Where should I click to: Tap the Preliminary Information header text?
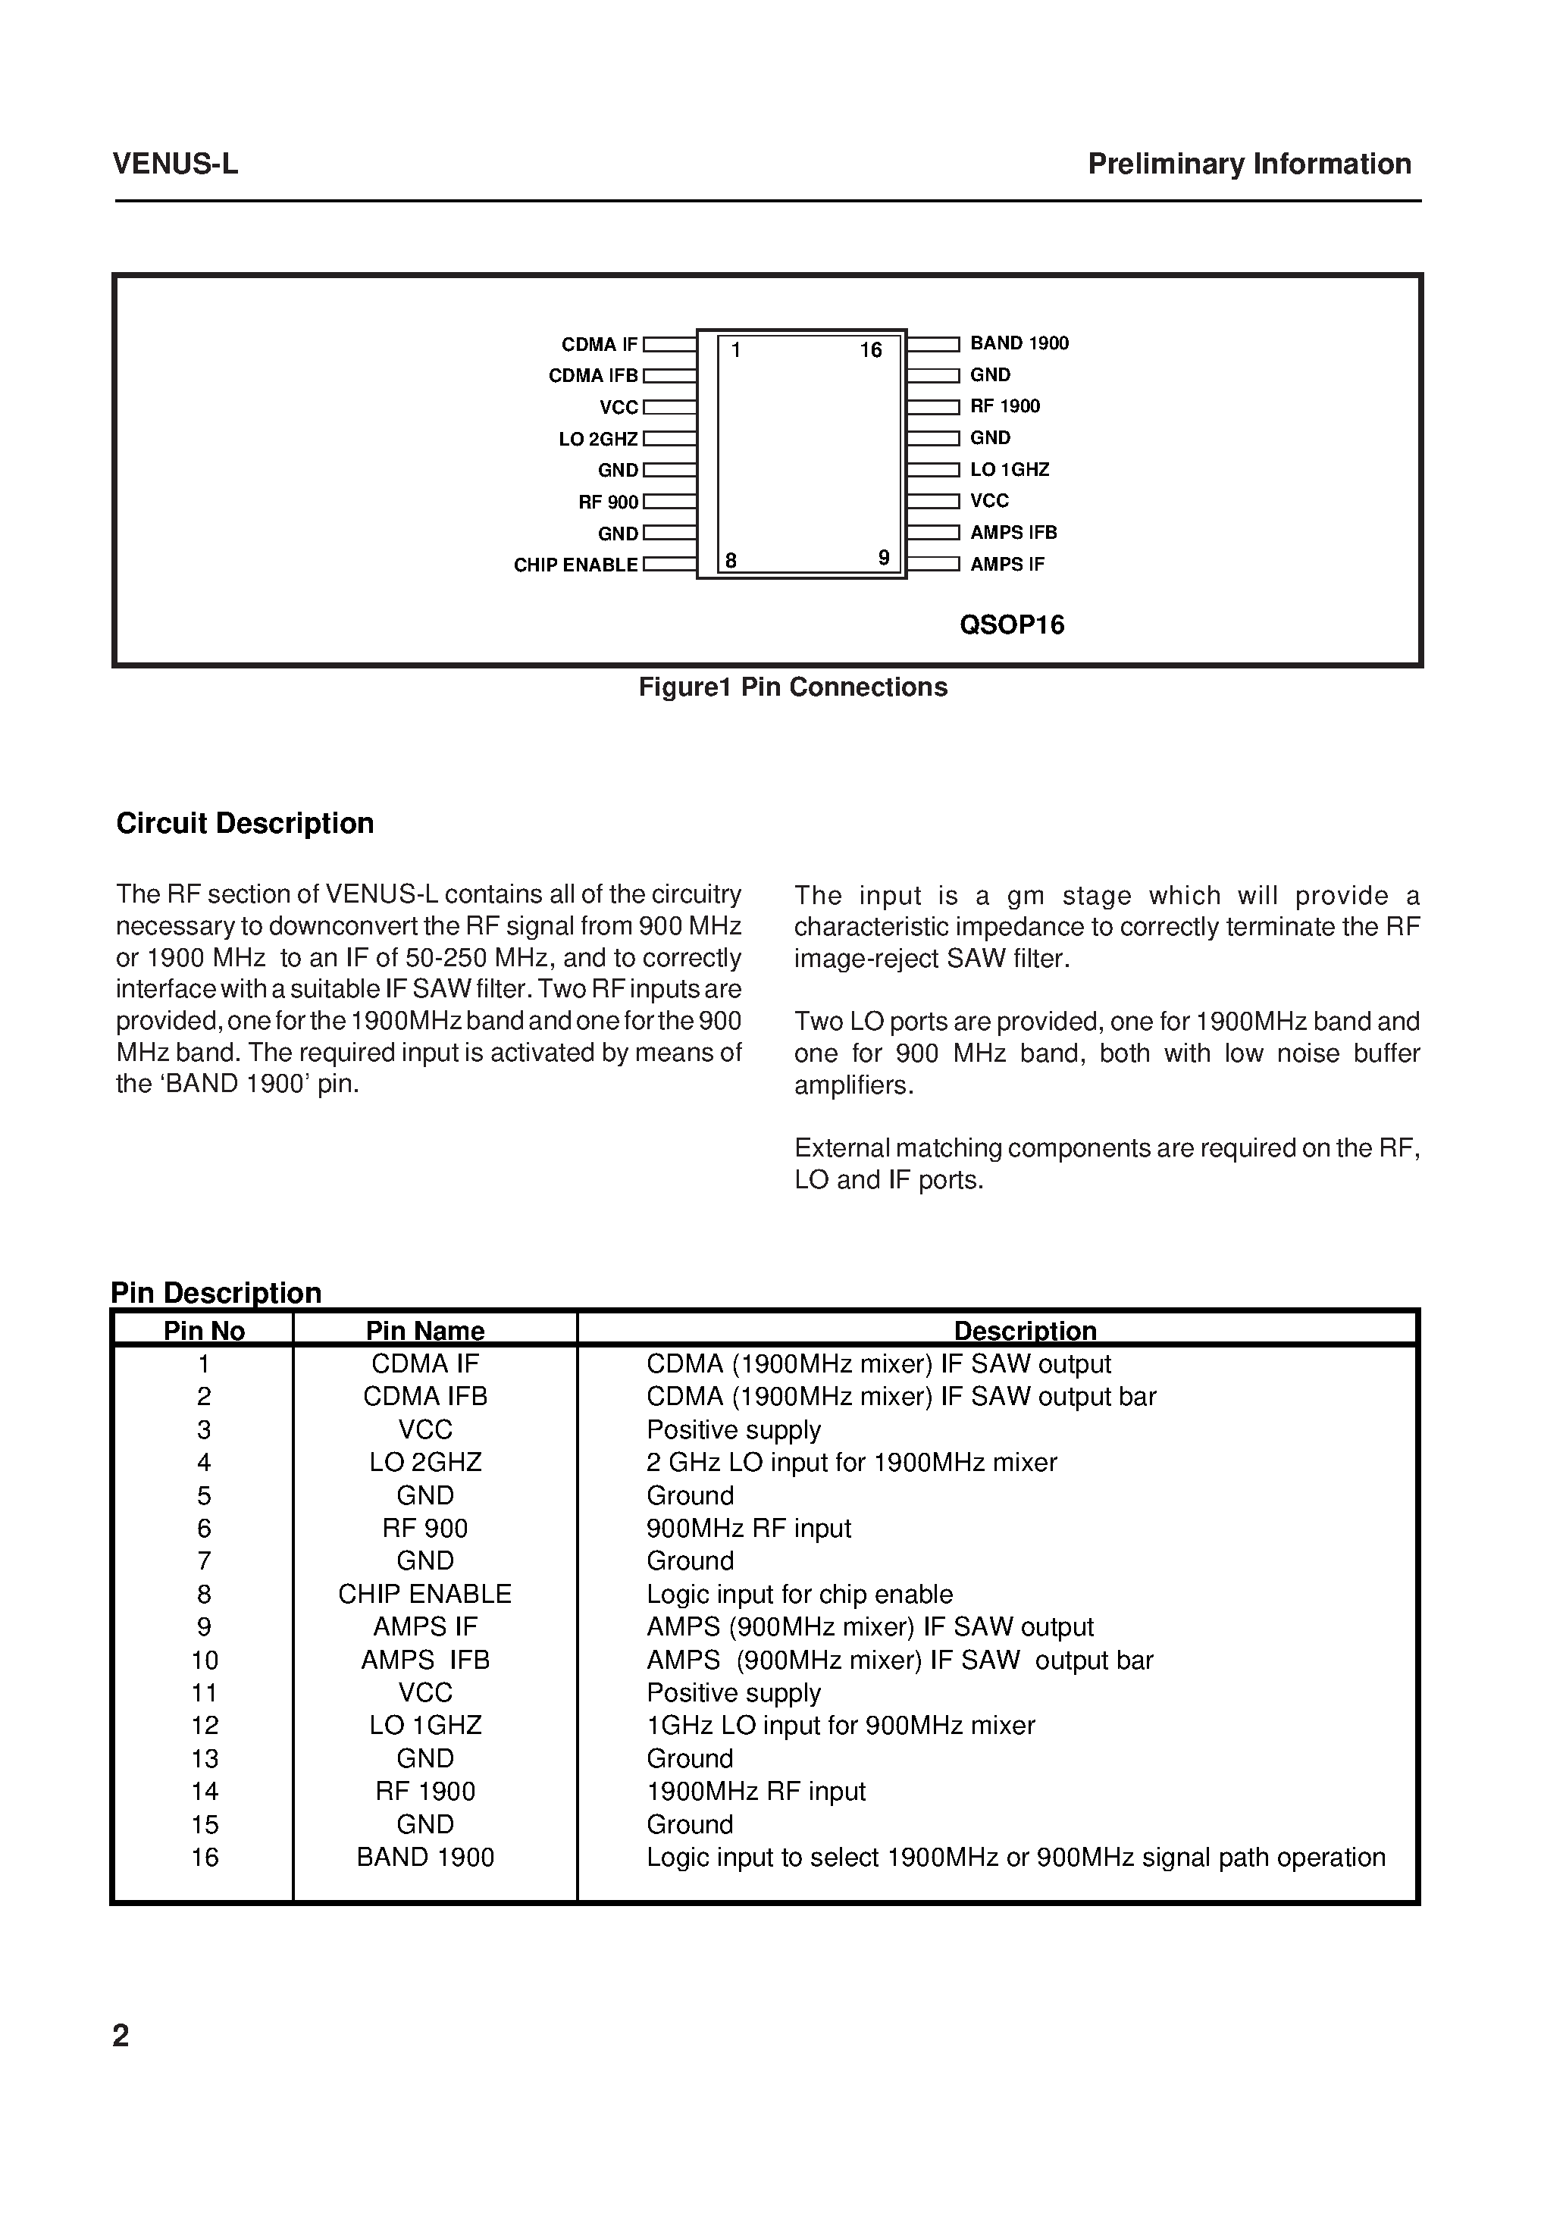click(1248, 164)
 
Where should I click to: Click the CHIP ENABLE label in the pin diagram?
click(575, 565)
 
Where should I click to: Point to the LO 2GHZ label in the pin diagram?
click(598, 440)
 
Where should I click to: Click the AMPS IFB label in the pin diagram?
click(1013, 532)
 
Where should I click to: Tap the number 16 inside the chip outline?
click(871, 351)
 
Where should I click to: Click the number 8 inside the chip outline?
click(731, 560)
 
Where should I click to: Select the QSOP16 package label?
click(1012, 624)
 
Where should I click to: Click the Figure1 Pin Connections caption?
click(793, 687)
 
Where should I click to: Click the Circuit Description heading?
click(245, 823)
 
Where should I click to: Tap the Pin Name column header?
click(424, 1330)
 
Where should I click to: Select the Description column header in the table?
click(1024, 1330)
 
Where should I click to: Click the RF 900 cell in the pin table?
click(424, 1528)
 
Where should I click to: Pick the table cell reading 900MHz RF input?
click(748, 1528)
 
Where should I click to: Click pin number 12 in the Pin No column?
click(205, 1725)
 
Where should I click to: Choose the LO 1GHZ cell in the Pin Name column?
click(424, 1725)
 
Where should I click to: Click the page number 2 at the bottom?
click(121, 2035)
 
